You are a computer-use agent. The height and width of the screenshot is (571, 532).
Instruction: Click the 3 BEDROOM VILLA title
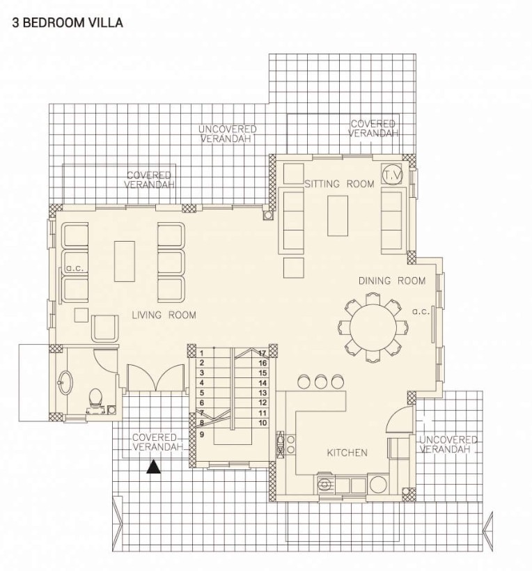(x=68, y=22)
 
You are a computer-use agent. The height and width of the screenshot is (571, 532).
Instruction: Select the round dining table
(x=373, y=327)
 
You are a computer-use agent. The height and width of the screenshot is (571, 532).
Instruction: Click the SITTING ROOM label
(x=339, y=184)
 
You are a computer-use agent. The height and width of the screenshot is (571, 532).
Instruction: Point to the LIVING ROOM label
(x=164, y=315)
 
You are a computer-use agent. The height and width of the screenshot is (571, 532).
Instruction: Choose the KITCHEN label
(x=347, y=453)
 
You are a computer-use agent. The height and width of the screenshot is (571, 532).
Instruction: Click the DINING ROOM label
(x=392, y=281)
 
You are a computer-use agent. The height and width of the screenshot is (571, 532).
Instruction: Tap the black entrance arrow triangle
(x=154, y=467)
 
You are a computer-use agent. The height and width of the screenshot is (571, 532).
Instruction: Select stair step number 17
(x=263, y=353)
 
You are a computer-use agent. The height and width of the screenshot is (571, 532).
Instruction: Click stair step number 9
(x=202, y=435)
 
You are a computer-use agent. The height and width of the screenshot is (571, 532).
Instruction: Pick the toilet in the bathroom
(x=95, y=400)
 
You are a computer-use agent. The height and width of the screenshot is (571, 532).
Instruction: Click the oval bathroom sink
(x=65, y=382)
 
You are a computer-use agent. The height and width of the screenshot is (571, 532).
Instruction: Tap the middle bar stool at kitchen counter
(x=321, y=382)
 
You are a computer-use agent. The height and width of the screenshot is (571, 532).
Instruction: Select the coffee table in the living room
(x=125, y=261)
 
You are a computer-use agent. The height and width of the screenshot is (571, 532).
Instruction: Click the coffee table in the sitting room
(x=338, y=216)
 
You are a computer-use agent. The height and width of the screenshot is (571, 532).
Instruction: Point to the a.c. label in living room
(x=75, y=269)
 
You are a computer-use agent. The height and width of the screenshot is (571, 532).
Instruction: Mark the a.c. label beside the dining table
(x=421, y=312)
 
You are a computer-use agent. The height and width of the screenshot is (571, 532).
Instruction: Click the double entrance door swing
(x=156, y=377)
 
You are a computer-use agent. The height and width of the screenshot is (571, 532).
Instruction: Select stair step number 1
(x=202, y=353)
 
